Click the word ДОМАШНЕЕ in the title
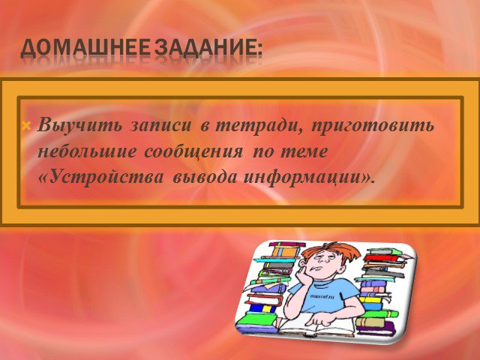click(85, 48)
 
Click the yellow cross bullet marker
click(27, 125)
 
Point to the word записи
click(160, 126)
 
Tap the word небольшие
click(86, 151)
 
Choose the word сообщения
click(193, 152)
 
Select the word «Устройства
click(100, 177)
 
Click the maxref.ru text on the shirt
click(322, 296)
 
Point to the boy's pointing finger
click(313, 322)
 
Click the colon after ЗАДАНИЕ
click(259, 51)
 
